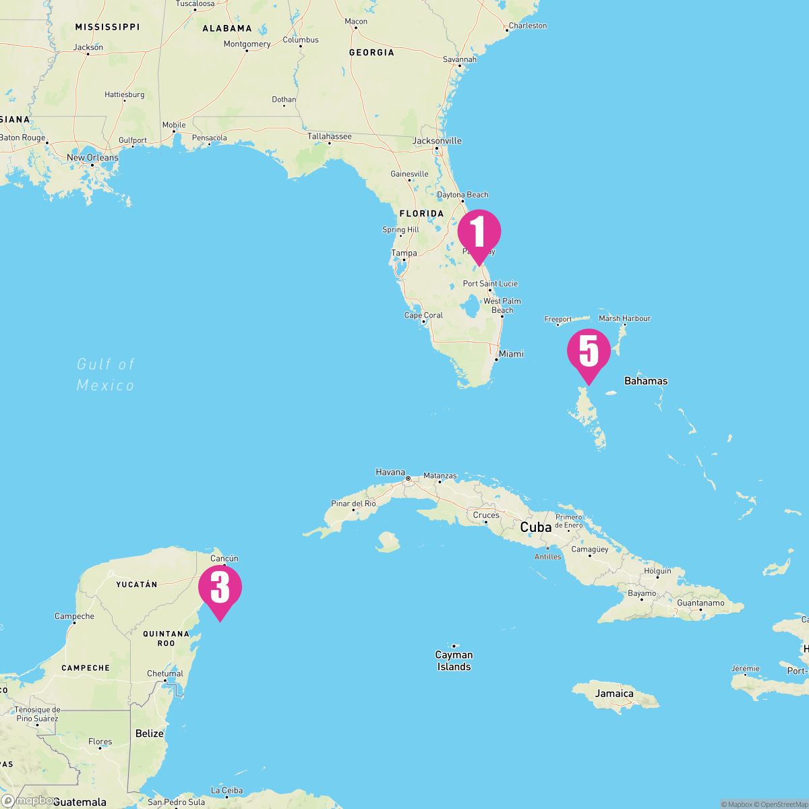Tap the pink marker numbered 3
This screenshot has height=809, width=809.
(x=220, y=588)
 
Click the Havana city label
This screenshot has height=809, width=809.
(x=390, y=473)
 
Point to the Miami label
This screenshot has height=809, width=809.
(x=511, y=354)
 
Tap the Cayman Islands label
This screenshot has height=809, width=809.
(x=454, y=661)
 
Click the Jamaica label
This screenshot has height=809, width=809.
(x=614, y=693)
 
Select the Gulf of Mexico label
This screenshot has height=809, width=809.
(x=106, y=374)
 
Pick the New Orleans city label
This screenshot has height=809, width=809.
(x=92, y=158)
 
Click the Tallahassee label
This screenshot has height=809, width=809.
(x=330, y=136)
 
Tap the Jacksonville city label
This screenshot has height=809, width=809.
(x=437, y=141)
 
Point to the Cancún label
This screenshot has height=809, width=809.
(x=224, y=558)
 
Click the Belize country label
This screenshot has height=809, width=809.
(x=149, y=733)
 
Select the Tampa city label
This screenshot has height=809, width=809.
(x=404, y=253)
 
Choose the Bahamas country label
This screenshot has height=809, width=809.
(x=646, y=381)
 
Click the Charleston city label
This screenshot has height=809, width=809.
(x=528, y=26)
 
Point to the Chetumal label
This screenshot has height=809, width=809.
(x=165, y=673)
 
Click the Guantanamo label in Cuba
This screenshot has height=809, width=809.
(x=700, y=603)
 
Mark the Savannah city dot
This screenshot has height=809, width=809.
(x=458, y=66)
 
